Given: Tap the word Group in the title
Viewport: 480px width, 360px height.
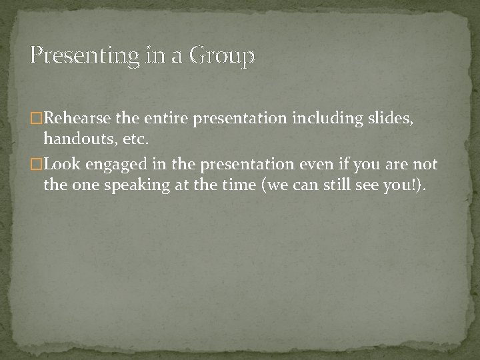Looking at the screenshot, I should [222, 57].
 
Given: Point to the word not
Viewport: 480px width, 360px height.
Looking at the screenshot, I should [425, 165].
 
